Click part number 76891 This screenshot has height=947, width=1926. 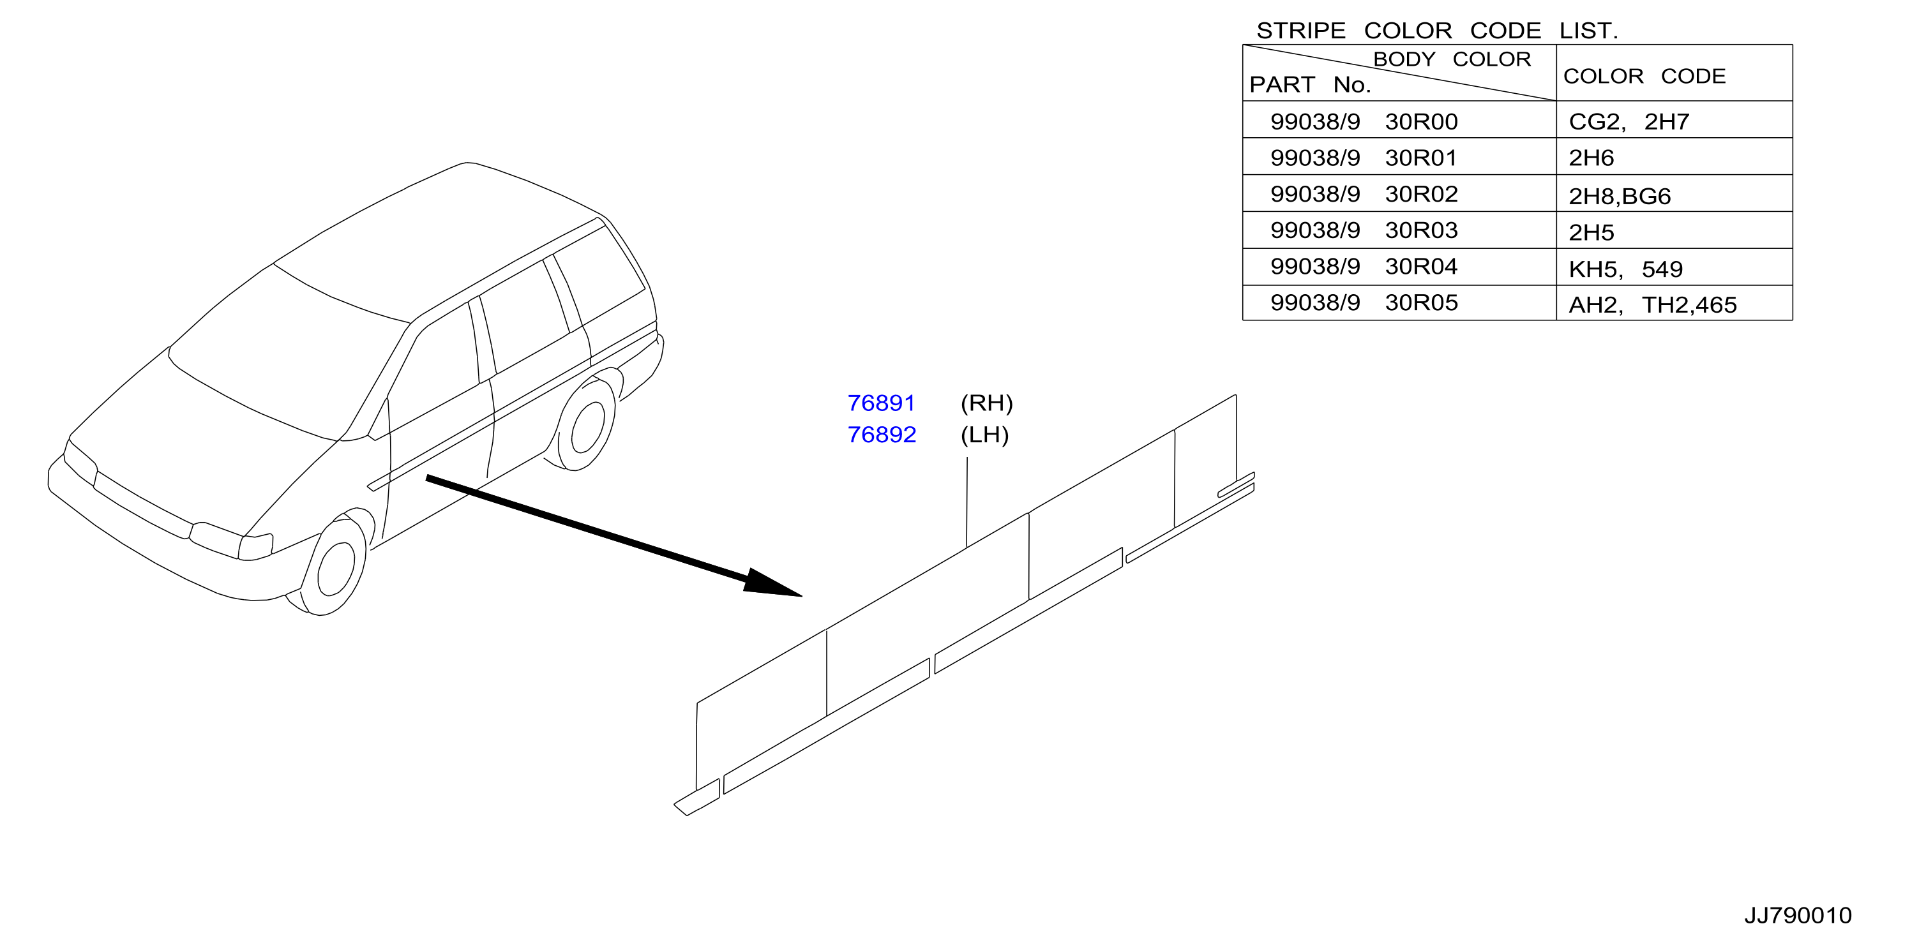(x=881, y=403)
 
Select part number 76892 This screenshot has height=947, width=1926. (x=882, y=435)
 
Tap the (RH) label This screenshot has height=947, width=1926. (x=986, y=403)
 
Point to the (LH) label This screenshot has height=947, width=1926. (x=984, y=435)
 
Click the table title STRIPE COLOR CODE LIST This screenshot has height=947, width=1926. (x=1437, y=31)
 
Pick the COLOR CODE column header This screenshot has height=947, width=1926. (x=1644, y=76)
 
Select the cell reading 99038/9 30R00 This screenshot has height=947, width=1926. (x=1364, y=121)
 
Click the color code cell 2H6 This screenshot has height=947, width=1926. (x=1591, y=158)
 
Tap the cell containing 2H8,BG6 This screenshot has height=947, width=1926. (x=1620, y=197)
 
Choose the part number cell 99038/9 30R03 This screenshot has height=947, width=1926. (x=1364, y=230)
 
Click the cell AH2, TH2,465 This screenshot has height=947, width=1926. (x=1652, y=305)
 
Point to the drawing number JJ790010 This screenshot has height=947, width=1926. (x=1798, y=916)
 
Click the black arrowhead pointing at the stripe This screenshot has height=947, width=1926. (x=770, y=583)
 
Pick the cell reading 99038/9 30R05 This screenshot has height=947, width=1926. (x=1364, y=302)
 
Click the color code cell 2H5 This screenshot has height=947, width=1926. (x=1591, y=232)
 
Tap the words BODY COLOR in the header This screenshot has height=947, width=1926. (x=1452, y=59)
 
